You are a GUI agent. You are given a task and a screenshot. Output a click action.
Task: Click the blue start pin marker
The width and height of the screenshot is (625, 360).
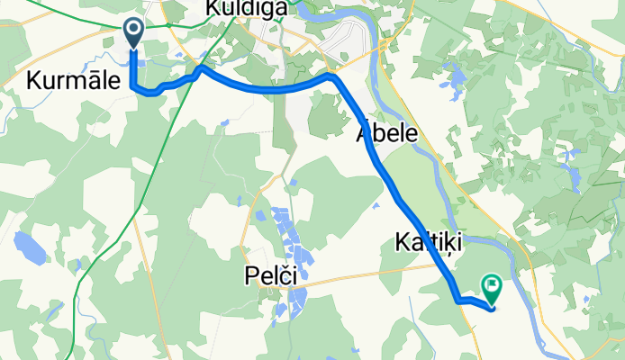click(x=132, y=32)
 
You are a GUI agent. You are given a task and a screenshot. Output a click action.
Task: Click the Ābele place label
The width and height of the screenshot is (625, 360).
click(x=386, y=134)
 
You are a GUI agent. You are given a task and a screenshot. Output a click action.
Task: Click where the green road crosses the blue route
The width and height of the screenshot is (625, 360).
click(x=193, y=74)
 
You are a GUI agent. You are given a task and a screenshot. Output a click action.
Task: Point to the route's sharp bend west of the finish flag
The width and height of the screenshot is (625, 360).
click(x=457, y=298)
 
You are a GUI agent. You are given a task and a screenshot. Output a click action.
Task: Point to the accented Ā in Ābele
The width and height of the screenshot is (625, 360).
click(x=364, y=134)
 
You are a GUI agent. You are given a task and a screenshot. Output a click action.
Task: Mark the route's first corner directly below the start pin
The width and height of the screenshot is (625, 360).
click(x=134, y=86)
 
